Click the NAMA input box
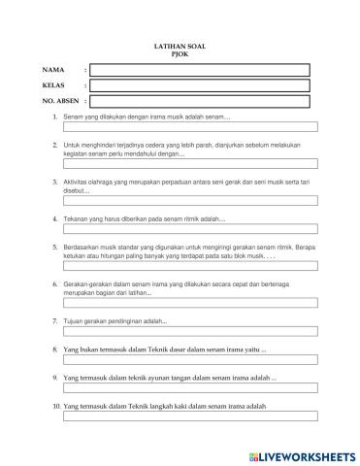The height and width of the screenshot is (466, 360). pos(199,70)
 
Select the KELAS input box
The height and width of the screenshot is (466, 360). pos(199,85)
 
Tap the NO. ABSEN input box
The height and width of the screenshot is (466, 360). pos(199,101)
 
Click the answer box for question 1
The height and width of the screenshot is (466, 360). pos(190,127)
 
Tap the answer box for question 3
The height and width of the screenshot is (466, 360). pos(190,201)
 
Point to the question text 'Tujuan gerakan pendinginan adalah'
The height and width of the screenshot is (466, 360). pos(115,319)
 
